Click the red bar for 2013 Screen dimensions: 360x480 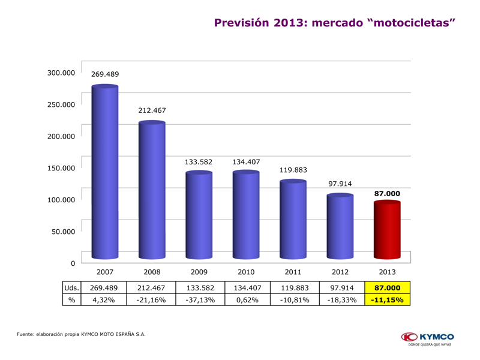(x=387, y=231)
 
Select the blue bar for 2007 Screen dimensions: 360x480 (x=104, y=174)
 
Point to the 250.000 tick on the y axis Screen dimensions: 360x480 (x=62, y=104)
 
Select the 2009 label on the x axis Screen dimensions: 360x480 (x=199, y=272)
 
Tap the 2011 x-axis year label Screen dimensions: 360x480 (x=293, y=272)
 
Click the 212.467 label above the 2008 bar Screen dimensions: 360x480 (x=152, y=110)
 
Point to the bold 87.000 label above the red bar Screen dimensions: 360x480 (x=387, y=194)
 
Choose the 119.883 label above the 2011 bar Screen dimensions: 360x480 (x=293, y=170)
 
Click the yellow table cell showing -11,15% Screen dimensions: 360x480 (x=387, y=299)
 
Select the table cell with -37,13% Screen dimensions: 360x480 (x=199, y=299)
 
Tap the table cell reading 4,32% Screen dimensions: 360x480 (x=104, y=299)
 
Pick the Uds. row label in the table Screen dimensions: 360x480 (x=71, y=287)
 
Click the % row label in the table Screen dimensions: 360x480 (x=71, y=299)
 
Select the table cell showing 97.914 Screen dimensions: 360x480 (x=340, y=287)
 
